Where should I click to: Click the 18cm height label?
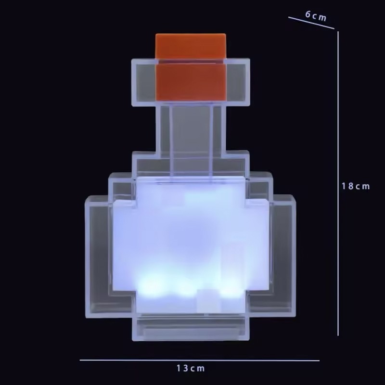point(356,186)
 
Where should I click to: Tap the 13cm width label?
point(191,368)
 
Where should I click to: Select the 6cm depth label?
point(316,16)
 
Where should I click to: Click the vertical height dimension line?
point(338,183)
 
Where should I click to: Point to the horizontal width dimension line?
point(199,360)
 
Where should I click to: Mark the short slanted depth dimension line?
point(311,23)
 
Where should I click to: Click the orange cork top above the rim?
point(191,46)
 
